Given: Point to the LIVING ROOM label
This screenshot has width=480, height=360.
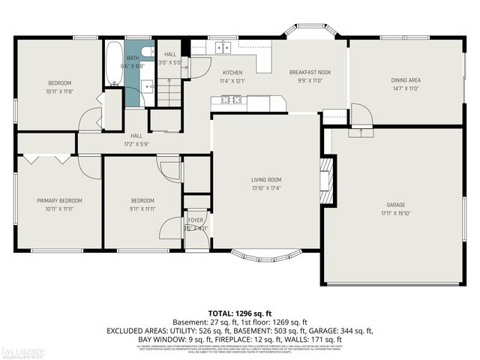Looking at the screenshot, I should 265,179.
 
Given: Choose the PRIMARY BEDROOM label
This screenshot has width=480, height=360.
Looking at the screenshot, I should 59,200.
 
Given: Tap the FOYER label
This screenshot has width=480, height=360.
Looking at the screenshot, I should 196,220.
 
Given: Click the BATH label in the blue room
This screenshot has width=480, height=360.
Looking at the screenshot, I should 132,58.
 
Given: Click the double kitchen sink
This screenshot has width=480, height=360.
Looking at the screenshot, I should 223,48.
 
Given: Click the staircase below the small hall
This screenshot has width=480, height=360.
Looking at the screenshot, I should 170,94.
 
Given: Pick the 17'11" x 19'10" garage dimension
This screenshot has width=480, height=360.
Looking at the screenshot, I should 395,212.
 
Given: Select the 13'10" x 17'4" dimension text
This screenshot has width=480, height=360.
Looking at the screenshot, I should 265,187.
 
